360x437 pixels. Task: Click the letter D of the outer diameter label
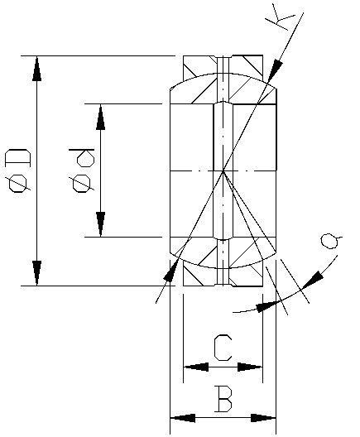17,157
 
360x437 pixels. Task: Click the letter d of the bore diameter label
82,157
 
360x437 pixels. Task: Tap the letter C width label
223,348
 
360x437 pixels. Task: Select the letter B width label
223,399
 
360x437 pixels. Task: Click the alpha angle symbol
330,242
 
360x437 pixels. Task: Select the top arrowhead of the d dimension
101,117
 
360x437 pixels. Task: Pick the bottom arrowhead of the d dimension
101,224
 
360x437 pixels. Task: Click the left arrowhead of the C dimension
196,367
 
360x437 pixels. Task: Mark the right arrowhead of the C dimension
250,367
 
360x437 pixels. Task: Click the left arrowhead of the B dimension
183,418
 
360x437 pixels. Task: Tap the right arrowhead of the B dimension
263,418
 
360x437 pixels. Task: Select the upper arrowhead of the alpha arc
313,280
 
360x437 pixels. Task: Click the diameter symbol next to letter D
18,183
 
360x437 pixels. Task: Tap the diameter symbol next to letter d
82,183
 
